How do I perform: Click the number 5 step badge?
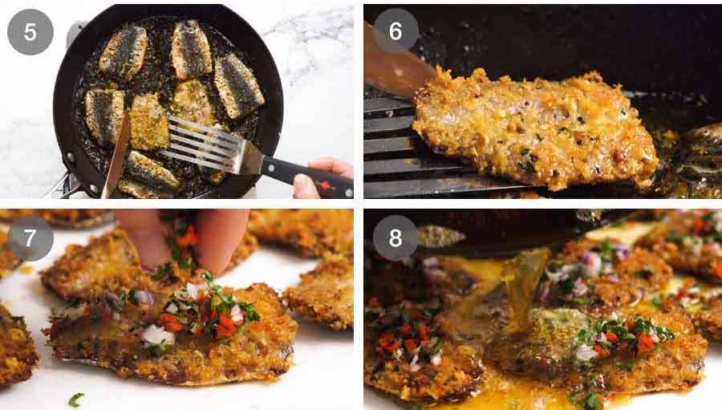(30, 32)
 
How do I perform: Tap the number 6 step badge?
(395, 31)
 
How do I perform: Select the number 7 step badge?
(30, 237)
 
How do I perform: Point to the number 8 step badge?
(395, 237)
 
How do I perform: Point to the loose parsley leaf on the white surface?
(76, 399)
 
